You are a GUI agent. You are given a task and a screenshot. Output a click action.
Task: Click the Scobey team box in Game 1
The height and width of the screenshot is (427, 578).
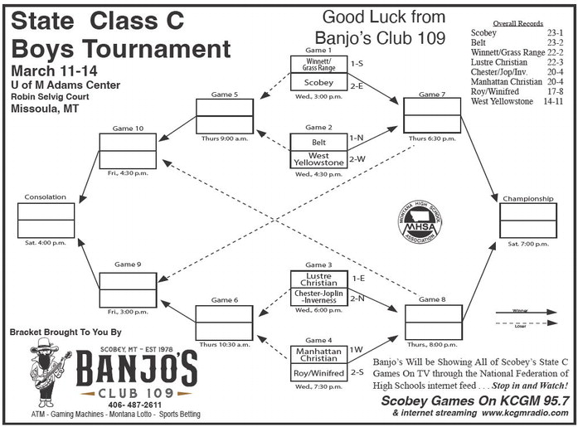(x=318, y=83)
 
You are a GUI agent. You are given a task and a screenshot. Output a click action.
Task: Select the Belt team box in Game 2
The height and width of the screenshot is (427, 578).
(x=318, y=142)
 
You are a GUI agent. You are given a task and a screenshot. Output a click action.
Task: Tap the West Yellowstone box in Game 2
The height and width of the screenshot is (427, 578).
(x=318, y=159)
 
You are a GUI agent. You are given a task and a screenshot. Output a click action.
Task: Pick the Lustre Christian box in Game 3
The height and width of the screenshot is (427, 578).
(x=318, y=279)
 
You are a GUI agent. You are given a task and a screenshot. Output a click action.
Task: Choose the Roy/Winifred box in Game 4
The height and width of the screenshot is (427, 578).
(x=318, y=372)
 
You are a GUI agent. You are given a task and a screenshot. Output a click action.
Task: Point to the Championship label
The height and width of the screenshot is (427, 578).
(x=527, y=199)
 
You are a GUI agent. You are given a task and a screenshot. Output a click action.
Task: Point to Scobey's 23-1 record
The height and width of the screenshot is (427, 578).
(x=554, y=33)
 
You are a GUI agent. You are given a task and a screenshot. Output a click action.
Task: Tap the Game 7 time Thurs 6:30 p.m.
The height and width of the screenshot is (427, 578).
(x=431, y=138)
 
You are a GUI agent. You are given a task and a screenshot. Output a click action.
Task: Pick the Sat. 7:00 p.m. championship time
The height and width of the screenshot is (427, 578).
(x=527, y=244)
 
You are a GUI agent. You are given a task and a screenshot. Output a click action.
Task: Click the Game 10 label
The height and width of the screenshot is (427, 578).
(x=127, y=128)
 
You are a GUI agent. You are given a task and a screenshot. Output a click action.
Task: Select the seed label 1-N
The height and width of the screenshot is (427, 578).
(x=357, y=138)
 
